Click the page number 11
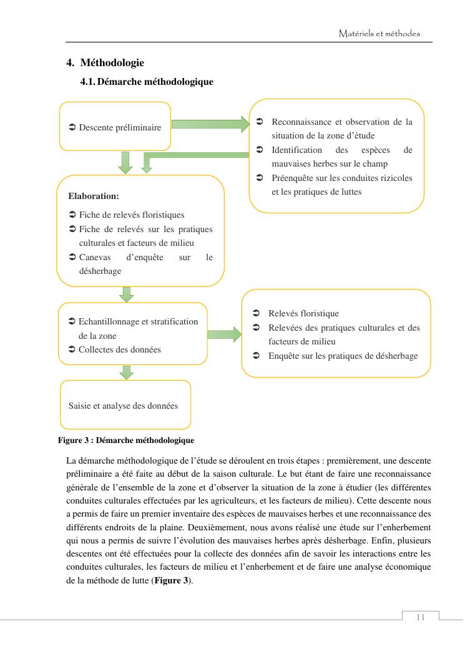pos(420,617)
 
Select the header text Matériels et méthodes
pos(379,33)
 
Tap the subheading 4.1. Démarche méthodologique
pos(147,82)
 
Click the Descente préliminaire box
pos(115,127)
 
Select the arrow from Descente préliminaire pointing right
pos(210,124)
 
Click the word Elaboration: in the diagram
pos(94,196)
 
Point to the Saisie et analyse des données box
pos(124,406)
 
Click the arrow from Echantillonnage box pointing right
pos(224,334)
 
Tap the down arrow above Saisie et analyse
pos(127,372)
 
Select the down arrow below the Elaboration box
pos(127,294)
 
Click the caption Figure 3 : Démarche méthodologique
pos(126,440)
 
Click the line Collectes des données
pos(119,349)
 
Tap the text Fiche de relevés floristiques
pos(131,215)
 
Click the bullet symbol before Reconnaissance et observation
pos(260,122)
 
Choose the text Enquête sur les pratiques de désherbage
pos(343,356)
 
